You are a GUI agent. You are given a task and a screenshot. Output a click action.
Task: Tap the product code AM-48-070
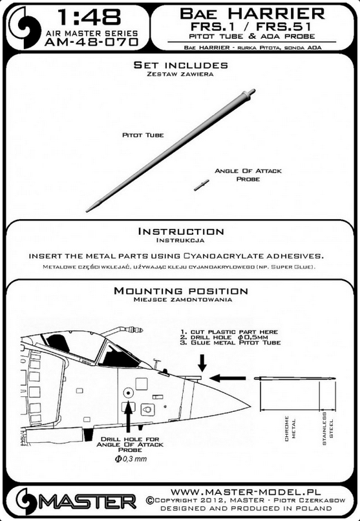pyautogui.click(x=91, y=42)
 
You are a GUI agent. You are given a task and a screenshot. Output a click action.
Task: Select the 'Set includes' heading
pyautogui.click(x=181, y=65)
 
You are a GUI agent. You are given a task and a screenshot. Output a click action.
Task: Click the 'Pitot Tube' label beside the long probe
pyautogui.click(x=143, y=135)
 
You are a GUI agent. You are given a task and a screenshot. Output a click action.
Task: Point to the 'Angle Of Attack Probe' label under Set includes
pyautogui.click(x=248, y=175)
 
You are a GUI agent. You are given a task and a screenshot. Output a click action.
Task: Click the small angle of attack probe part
pyautogui.click(x=202, y=185)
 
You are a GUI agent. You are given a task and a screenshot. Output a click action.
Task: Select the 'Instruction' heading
pyautogui.click(x=181, y=231)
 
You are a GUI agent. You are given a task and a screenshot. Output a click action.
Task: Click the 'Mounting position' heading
pyautogui.click(x=181, y=291)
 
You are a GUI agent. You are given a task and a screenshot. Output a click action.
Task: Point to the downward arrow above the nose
pyautogui.click(x=202, y=363)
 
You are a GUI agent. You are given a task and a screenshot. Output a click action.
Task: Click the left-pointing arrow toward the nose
pyautogui.click(x=228, y=378)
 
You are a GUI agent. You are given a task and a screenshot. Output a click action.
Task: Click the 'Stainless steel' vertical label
pyautogui.click(x=328, y=429)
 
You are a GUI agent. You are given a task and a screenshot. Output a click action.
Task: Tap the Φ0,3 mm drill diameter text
pyautogui.click(x=131, y=459)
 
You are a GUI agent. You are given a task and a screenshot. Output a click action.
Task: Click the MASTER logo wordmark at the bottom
pyautogui.click(x=87, y=502)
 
